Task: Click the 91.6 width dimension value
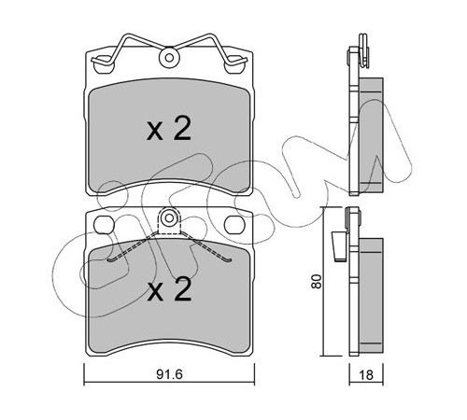(x=169, y=374)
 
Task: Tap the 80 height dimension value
(x=317, y=281)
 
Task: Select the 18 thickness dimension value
(x=366, y=375)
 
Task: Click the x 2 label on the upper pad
(x=169, y=129)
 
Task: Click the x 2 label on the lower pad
(x=169, y=289)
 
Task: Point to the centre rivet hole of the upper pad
(x=169, y=58)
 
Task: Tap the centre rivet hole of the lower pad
(x=169, y=218)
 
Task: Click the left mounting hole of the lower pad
(x=104, y=225)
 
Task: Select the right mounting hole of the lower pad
(x=234, y=225)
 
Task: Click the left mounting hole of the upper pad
(x=104, y=64)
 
